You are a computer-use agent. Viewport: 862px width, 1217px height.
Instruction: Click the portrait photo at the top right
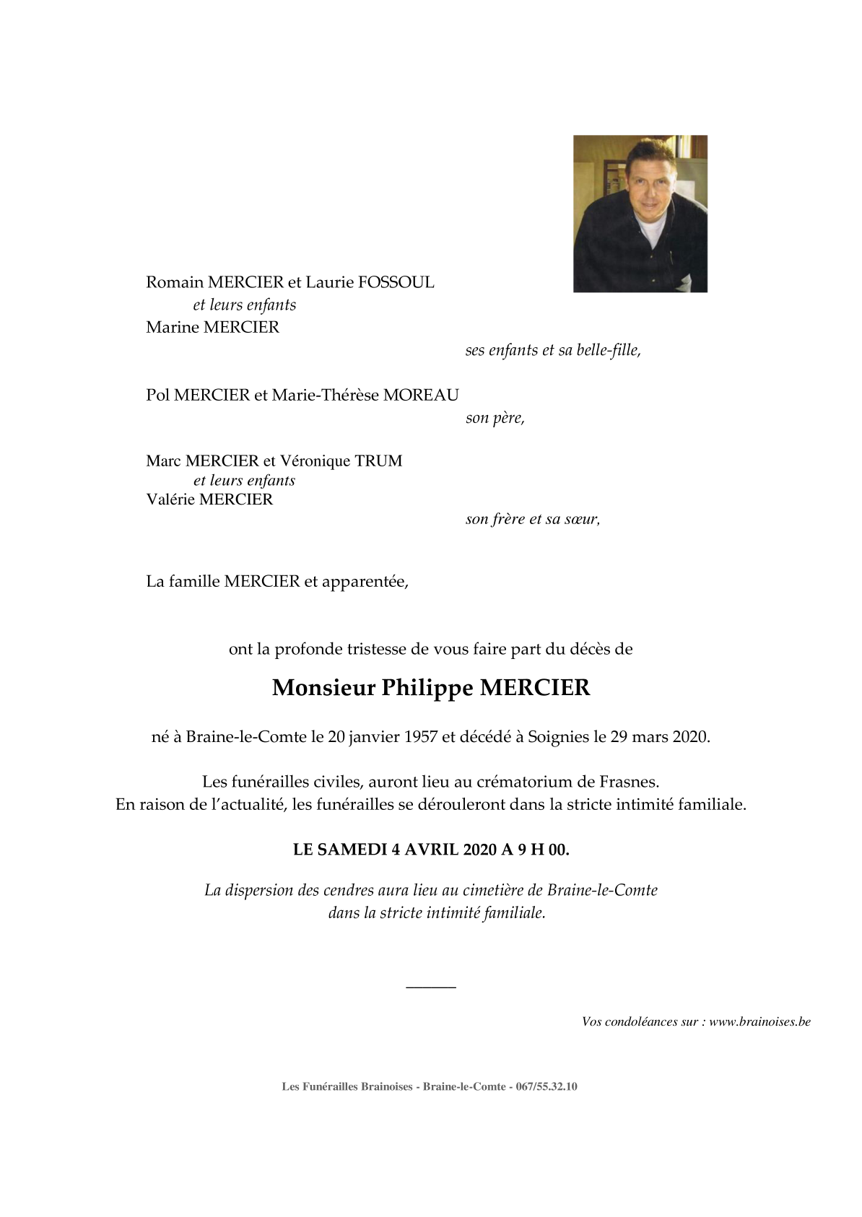pos(640,214)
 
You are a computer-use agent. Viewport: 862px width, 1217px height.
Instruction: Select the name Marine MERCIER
pos(212,327)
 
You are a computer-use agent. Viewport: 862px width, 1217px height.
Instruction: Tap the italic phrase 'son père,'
pos(495,418)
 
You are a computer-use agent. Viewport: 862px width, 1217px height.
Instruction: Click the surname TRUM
pos(378,461)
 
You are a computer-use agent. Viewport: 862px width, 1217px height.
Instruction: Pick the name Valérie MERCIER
pos(209,500)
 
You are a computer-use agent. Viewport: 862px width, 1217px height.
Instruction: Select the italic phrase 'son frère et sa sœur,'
pos(532,519)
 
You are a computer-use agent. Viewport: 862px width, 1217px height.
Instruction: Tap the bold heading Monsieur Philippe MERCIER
pos(431,687)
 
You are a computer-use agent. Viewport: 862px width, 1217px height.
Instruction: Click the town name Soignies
pos(558,737)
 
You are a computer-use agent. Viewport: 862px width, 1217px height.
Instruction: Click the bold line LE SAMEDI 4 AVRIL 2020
pos(431,850)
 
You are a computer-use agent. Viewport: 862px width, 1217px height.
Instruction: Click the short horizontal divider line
pos(431,987)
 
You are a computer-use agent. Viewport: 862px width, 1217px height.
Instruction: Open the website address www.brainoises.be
pos(759,1021)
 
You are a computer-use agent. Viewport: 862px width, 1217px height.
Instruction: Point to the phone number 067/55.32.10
pos(547,1086)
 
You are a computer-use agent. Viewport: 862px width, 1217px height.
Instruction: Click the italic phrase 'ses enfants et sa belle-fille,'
pos(553,350)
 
